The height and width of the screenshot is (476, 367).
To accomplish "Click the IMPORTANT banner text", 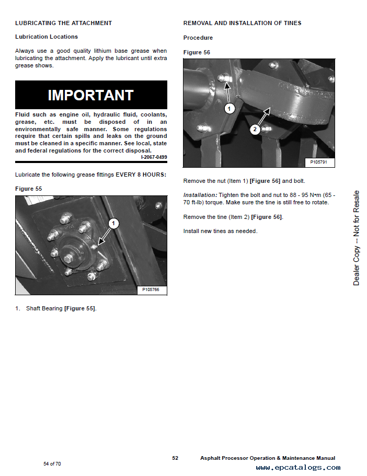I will tap(91, 95).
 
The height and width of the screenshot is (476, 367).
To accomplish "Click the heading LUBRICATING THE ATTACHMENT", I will tap(63, 23).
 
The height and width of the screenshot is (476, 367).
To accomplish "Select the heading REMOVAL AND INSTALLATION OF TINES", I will tap(242, 23).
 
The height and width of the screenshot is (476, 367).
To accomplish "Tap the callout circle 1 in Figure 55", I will tap(113, 224).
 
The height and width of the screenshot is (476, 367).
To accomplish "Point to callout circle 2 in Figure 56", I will tap(255, 129).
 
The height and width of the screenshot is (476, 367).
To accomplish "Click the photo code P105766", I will tap(151, 289).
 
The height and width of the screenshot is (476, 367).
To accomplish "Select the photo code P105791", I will tap(319, 162).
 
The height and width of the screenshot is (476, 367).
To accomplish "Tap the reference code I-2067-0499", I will tap(154, 157).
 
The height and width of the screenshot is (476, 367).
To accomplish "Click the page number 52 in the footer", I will tap(176, 458).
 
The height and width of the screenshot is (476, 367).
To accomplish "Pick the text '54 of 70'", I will tap(52, 464).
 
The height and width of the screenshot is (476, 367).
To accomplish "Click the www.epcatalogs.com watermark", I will tap(298, 468).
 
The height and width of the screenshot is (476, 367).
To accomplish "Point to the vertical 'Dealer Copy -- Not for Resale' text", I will tap(356, 238).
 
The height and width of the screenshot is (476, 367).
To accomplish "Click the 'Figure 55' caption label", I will tap(29, 188).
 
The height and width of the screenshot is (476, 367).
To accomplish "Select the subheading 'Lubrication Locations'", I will tap(47, 37).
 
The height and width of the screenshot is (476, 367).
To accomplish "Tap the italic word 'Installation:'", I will tap(200, 194).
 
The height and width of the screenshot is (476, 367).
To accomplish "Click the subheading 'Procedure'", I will tap(198, 38).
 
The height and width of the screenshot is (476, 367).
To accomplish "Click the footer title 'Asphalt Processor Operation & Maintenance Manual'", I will tap(268, 458).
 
